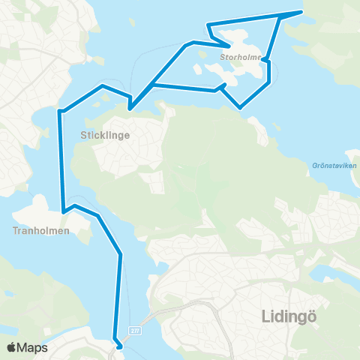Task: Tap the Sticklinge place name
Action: tap(105, 136)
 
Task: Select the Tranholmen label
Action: tap(41, 231)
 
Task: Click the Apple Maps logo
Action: tap(27, 347)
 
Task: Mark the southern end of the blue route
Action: tap(118, 346)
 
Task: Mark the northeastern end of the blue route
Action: tap(301, 12)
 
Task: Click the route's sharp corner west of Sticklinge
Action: tap(59, 112)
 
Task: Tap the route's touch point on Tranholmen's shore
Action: tap(64, 211)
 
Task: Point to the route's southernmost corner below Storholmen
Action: tap(240, 108)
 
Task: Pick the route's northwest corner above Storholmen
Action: tap(208, 26)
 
